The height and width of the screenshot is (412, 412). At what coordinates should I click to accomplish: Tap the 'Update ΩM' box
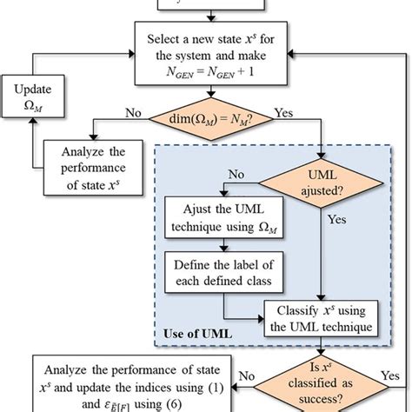click(30, 102)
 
